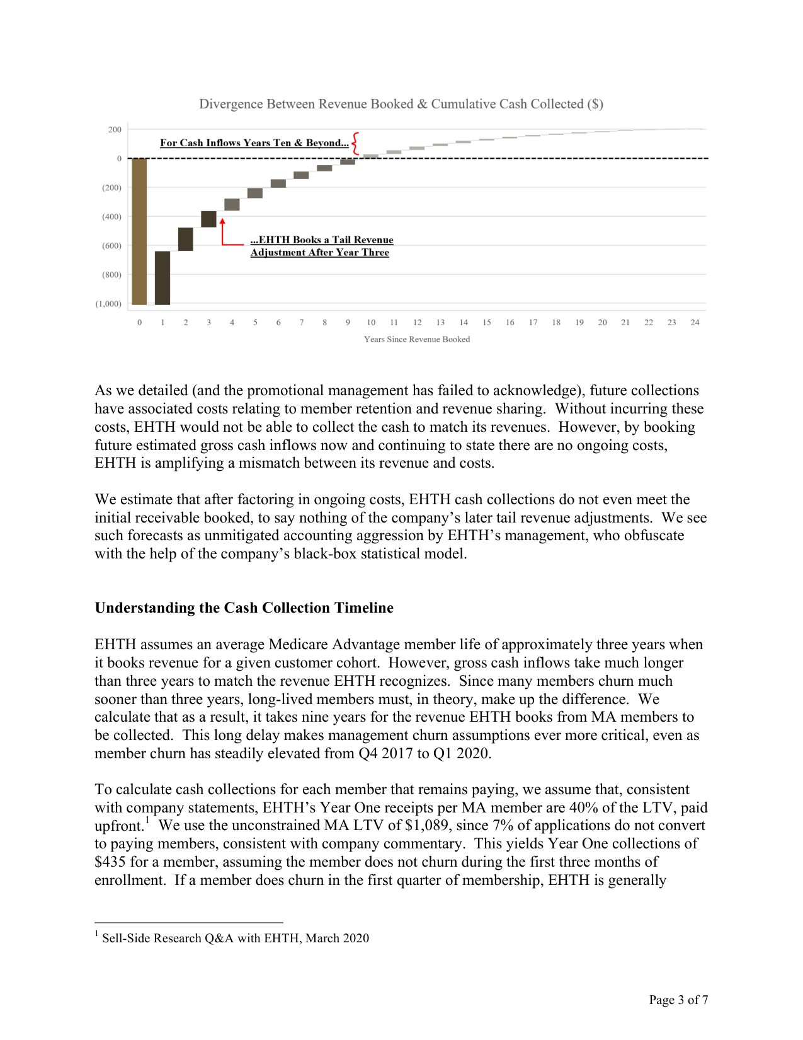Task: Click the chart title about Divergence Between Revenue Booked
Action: click(401, 104)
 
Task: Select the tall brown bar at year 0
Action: click(139, 231)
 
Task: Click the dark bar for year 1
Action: click(162, 278)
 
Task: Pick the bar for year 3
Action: click(208, 219)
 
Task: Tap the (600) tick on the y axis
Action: click(111, 246)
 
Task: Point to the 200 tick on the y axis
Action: click(115, 129)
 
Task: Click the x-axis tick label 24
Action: click(695, 323)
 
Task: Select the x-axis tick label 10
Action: click(371, 323)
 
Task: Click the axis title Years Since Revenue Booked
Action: click(416, 339)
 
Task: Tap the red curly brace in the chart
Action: click(355, 143)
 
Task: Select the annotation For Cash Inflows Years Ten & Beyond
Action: click(254, 143)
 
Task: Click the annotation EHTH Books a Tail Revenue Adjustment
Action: click(321, 246)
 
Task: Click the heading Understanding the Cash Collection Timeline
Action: click(244, 608)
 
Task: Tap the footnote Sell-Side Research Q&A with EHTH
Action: click(235, 938)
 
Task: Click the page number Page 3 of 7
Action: click(678, 1000)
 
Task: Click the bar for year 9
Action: click(348, 162)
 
